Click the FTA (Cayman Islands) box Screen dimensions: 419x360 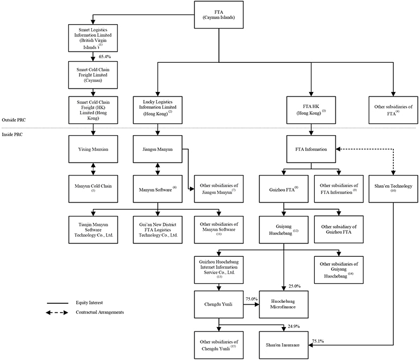tap(218, 15)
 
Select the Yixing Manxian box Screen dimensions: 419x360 tap(93, 149)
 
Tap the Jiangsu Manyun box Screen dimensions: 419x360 tap(157, 149)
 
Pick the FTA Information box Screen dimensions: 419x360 tap(311, 149)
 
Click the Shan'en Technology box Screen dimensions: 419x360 tap(393, 189)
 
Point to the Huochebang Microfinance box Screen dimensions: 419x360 tap(283, 304)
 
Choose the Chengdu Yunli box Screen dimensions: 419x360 tap(218, 304)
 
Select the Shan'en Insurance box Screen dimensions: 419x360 tap(283, 345)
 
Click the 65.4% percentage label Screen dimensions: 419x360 tap(105, 57)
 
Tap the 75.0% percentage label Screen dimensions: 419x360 tap(252, 299)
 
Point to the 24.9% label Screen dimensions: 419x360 tap(294, 326)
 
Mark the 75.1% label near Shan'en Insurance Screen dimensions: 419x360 tap(318, 341)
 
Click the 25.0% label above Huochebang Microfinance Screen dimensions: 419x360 tap(295, 286)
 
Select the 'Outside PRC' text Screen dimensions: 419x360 tap(14, 120)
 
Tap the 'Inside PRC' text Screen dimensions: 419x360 tap(12, 135)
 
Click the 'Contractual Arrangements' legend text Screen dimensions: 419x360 tap(100, 312)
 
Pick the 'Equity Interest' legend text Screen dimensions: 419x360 tap(89, 302)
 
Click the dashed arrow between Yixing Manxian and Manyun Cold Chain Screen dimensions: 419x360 tap(93, 169)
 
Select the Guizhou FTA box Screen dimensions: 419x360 tap(283, 189)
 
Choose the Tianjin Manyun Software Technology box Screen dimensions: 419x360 tap(93, 230)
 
